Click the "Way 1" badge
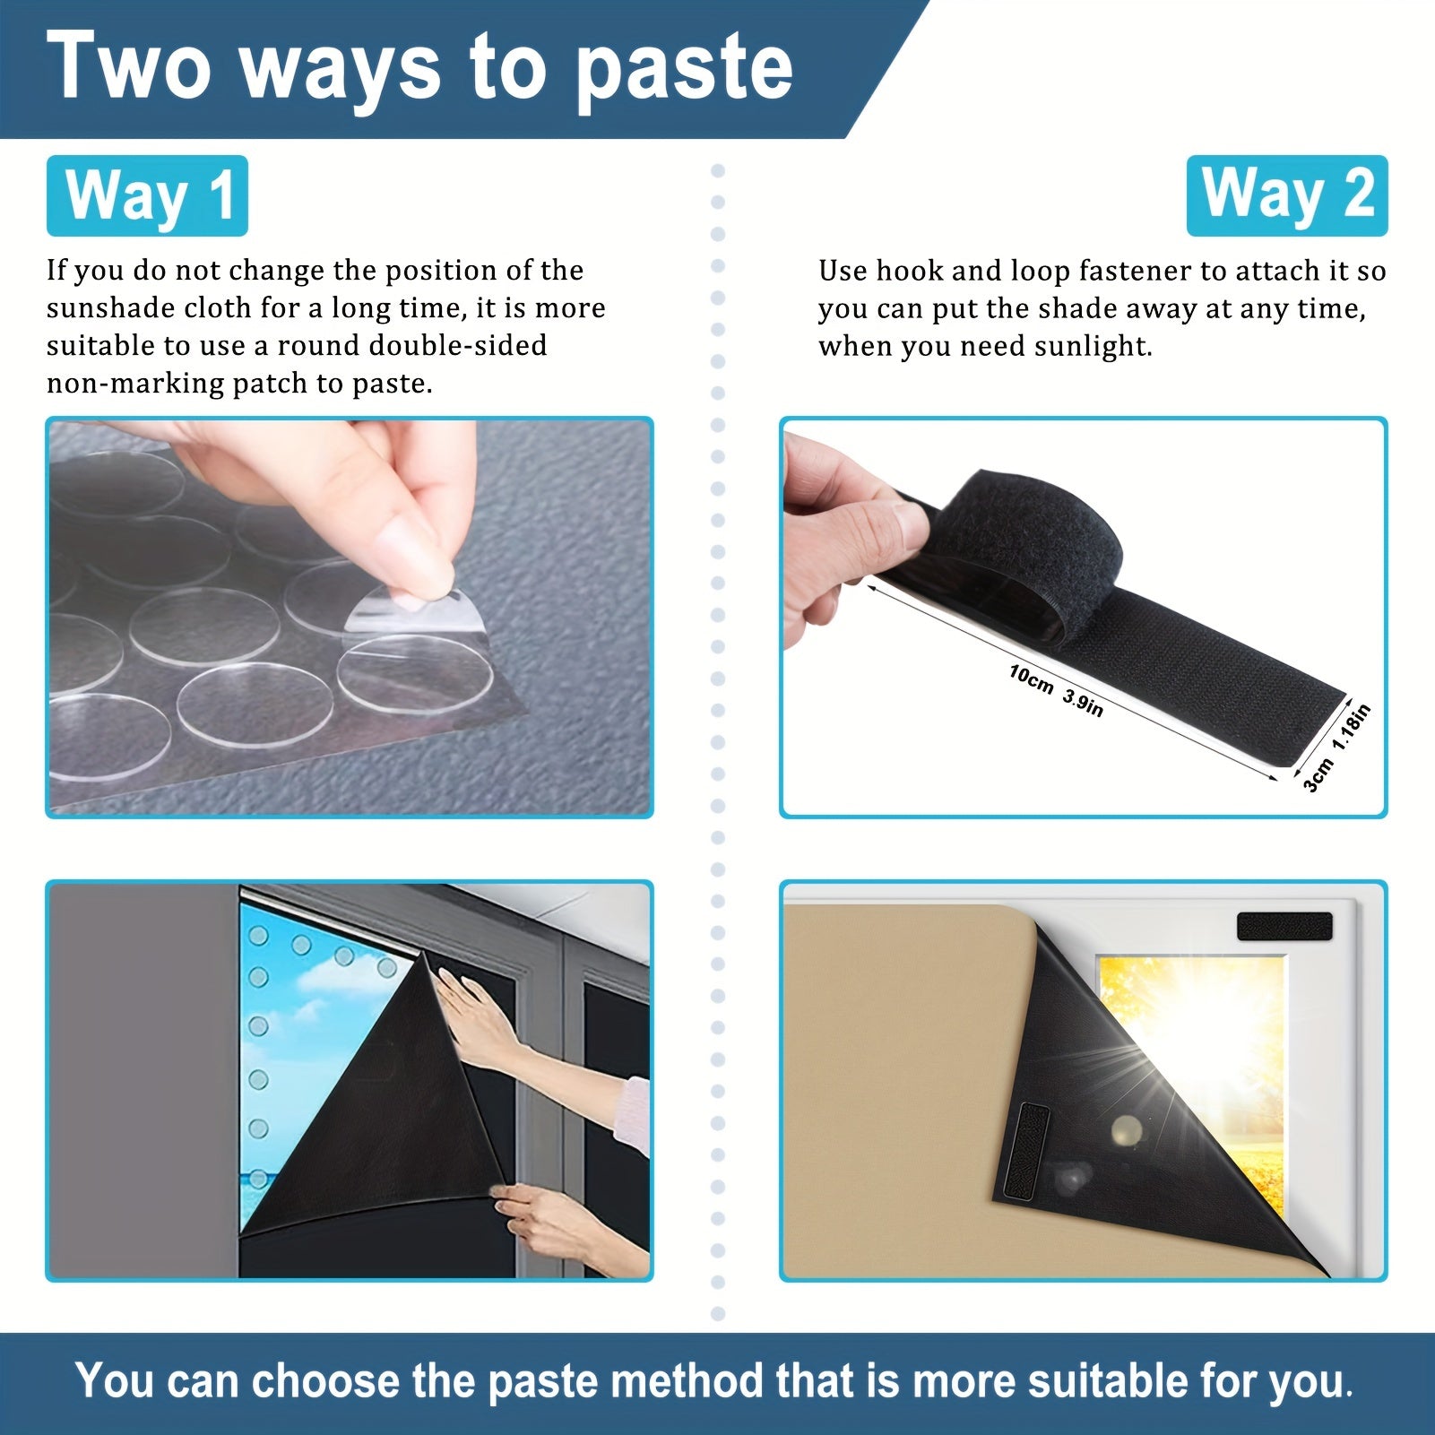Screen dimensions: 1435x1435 tap(147, 195)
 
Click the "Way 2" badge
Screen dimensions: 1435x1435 tap(1287, 195)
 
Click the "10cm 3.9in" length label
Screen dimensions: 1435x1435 tap(1056, 689)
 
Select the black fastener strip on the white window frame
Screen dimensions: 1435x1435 tap(1284, 926)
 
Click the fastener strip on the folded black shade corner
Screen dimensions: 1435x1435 tap(1025, 1152)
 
